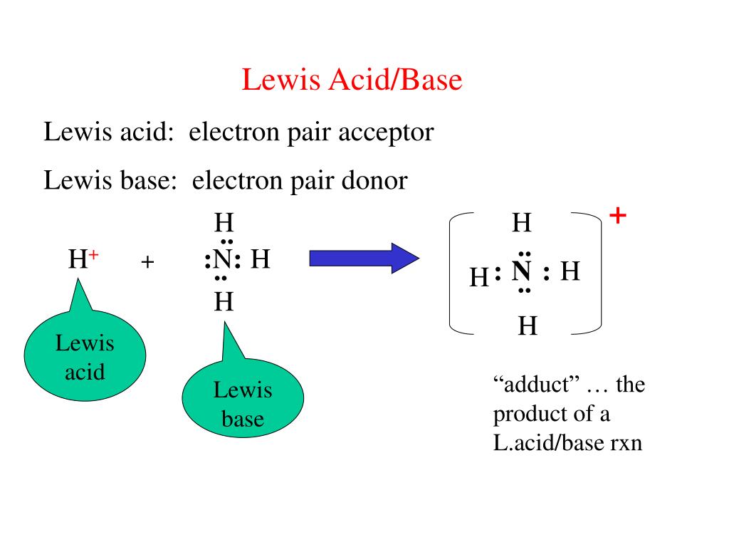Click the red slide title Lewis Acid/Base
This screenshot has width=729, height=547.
pos(352,80)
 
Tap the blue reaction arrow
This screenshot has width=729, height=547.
pos(364,258)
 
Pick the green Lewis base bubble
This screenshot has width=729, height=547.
pos(243,403)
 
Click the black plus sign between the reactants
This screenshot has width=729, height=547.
pos(147,262)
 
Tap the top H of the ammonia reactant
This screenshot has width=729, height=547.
pos(224,224)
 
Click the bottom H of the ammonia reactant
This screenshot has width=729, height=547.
pos(224,303)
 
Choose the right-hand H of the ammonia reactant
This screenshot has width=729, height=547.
pos(261,260)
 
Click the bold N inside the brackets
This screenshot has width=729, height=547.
pos(523,272)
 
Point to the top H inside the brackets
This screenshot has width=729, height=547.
pos(522,224)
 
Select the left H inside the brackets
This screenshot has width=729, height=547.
pos(479,276)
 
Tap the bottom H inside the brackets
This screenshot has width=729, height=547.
pos(527,327)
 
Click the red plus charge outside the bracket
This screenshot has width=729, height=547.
pos(618,216)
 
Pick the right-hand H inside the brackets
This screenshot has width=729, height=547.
pos(570,271)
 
